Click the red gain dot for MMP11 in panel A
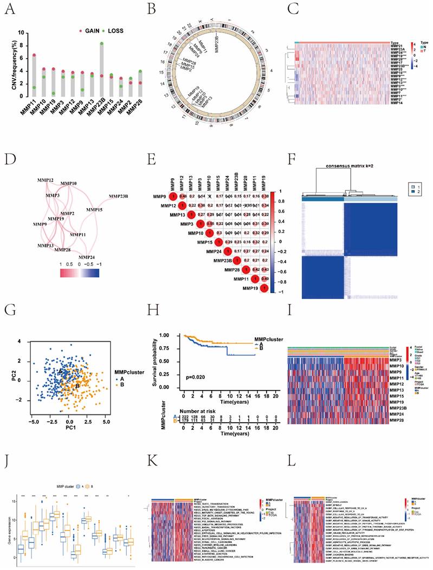pos(34,55)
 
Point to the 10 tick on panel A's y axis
pos(21,33)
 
